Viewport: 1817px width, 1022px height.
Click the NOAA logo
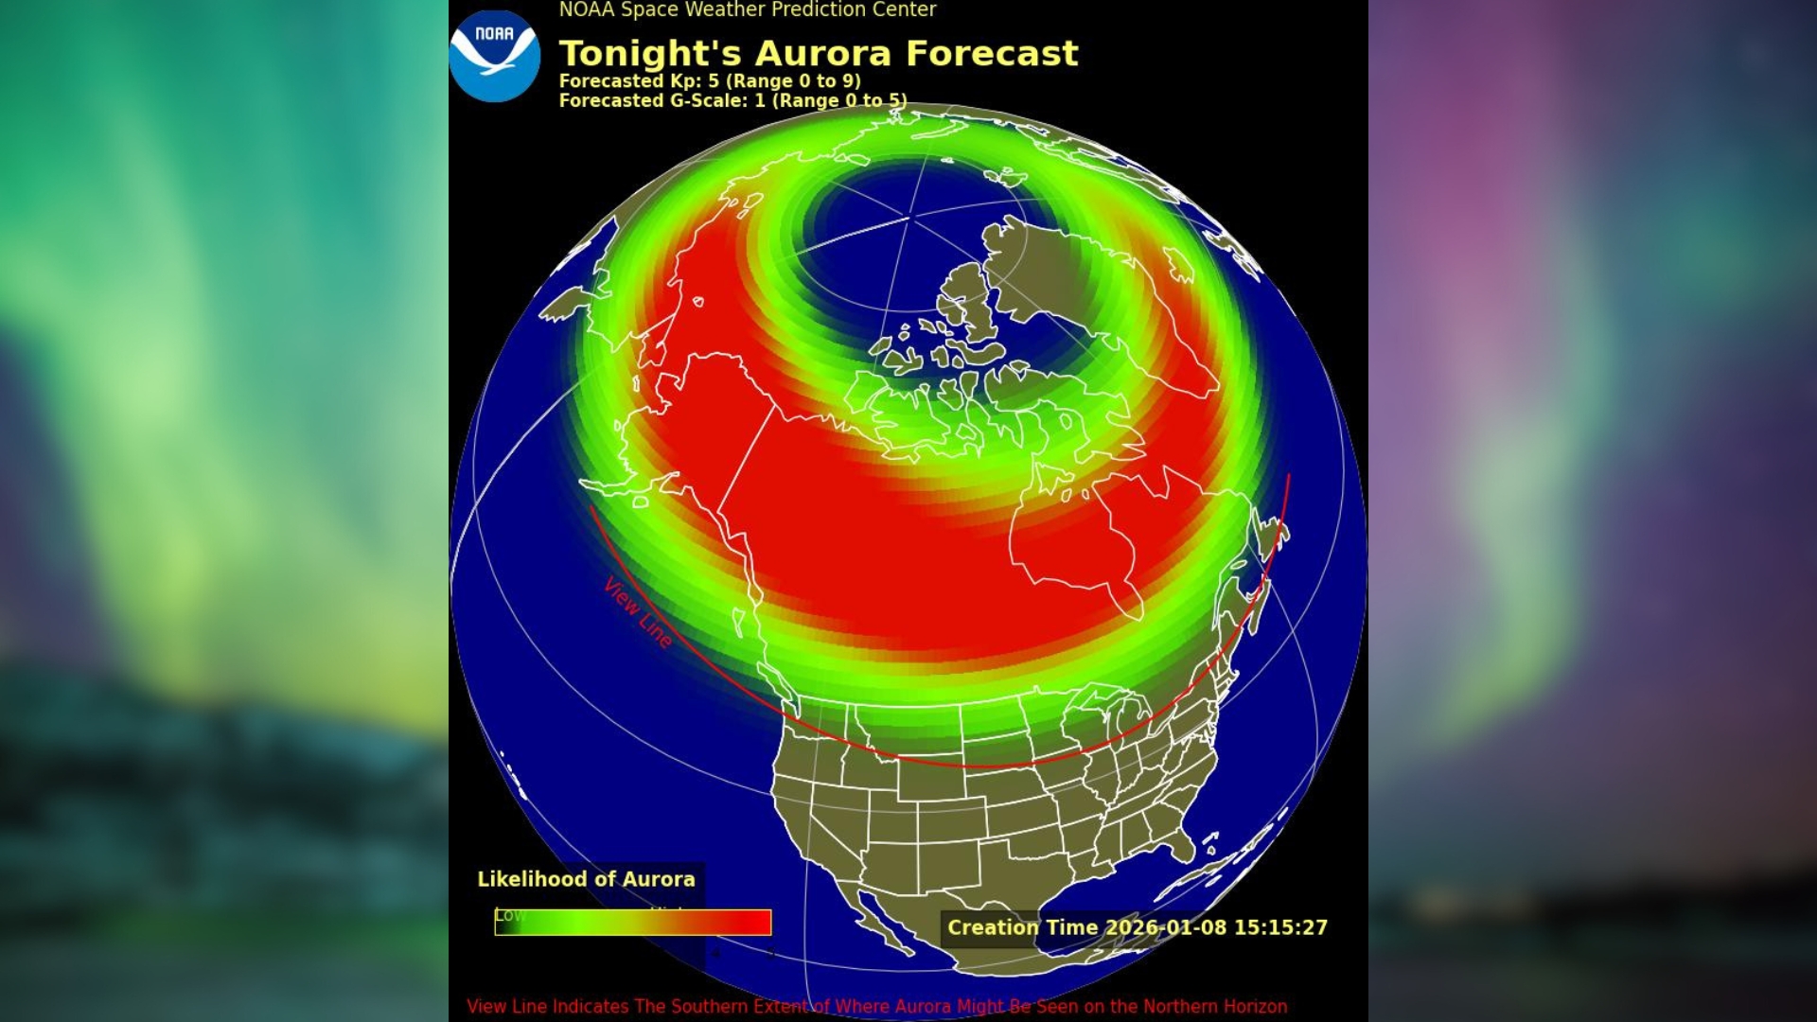[494, 56]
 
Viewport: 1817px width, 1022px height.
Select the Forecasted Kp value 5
[714, 81]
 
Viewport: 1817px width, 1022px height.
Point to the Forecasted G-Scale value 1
[760, 100]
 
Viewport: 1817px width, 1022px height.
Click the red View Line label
[638, 612]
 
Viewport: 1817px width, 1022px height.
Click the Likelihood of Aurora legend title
[586, 879]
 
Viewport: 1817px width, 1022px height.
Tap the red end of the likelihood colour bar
[752, 923]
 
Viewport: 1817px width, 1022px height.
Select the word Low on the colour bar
[509, 915]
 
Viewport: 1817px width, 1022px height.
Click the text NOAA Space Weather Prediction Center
[747, 10]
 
